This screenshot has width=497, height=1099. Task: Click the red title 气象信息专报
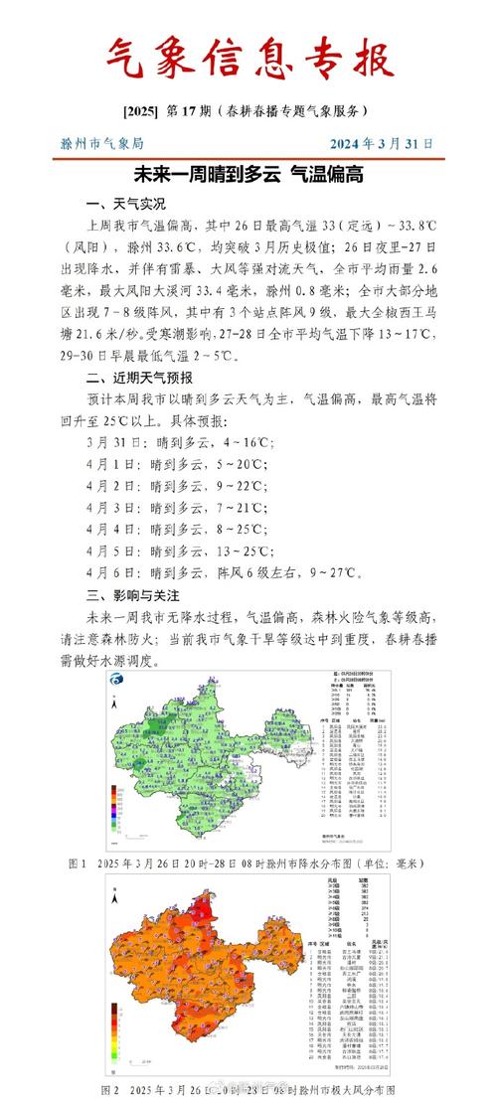tap(248, 58)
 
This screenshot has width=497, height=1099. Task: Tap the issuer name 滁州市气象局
tap(103, 143)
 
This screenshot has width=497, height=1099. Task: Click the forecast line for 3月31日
tap(180, 442)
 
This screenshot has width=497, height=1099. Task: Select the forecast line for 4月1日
tap(180, 464)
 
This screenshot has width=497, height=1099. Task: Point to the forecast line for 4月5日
tap(183, 551)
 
